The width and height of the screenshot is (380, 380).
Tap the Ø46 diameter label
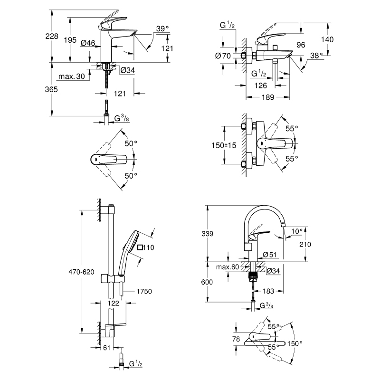[88, 43]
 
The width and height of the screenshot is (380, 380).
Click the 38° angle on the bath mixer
[315, 55]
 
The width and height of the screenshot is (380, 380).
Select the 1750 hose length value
[143, 291]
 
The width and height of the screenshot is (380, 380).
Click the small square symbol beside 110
[140, 247]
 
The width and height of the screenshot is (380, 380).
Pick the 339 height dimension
[207, 234]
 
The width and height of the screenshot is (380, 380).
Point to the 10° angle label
[296, 231]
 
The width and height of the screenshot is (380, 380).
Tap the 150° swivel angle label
[295, 343]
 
